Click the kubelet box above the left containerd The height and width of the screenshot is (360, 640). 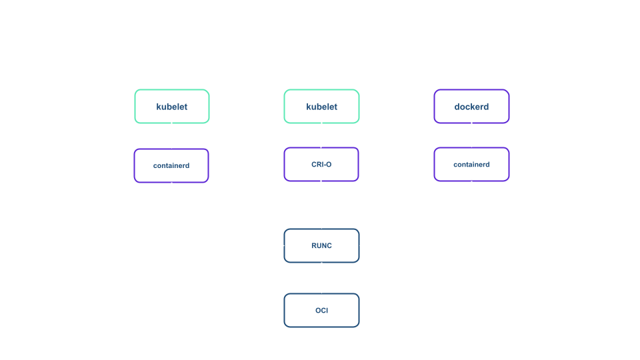[x=172, y=107]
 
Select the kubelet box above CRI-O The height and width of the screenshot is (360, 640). [x=321, y=107]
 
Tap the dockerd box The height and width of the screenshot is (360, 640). [x=471, y=107]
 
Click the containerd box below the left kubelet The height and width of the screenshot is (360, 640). [x=171, y=165]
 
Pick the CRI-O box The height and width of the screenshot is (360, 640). [x=321, y=165]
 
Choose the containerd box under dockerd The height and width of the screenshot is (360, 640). [x=471, y=165]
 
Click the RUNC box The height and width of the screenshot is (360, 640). [x=321, y=245]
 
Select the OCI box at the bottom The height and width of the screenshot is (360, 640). [x=321, y=310]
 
